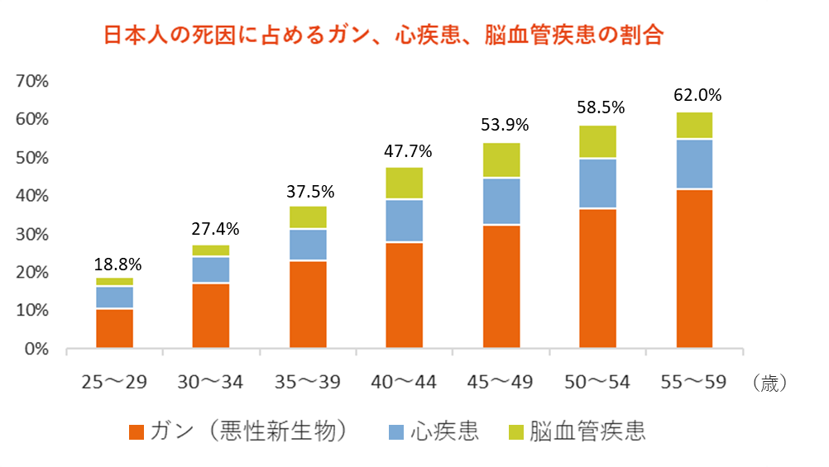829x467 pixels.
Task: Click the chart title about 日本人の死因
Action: [383, 36]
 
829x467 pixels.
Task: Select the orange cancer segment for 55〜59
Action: [694, 269]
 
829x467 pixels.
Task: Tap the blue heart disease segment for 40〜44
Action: [405, 221]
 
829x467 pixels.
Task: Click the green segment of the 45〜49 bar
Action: [501, 160]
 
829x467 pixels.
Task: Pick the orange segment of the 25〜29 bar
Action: [114, 329]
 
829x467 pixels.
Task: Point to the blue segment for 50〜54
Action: [597, 183]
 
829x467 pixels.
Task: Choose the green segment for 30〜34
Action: [211, 250]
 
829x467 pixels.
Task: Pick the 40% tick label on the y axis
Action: [32, 196]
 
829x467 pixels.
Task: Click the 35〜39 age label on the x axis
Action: [308, 382]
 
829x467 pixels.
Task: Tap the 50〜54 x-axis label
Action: [597, 382]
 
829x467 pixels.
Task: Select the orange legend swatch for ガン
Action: [137, 432]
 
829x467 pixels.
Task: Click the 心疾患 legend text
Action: [445, 431]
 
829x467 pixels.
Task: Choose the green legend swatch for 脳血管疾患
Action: [516, 432]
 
